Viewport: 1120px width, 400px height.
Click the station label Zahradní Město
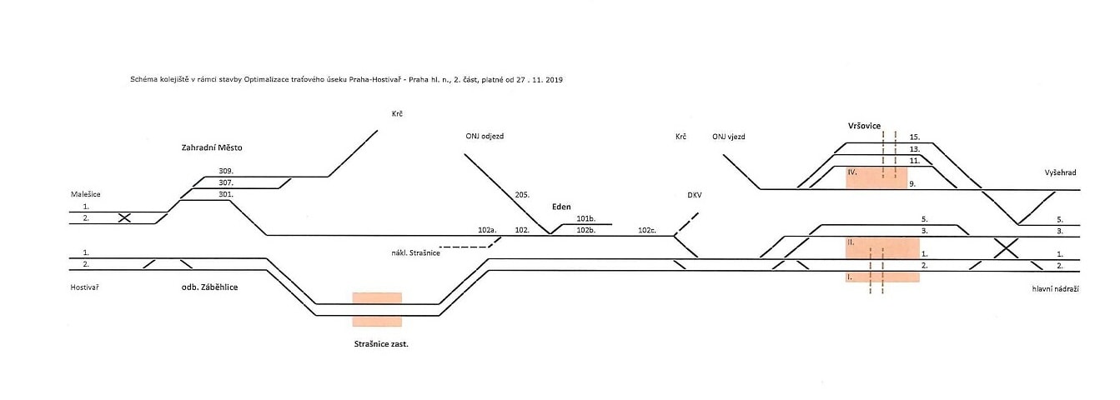[217, 147]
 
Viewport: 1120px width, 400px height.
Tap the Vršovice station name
[859, 125]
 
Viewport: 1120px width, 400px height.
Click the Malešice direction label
[87, 193]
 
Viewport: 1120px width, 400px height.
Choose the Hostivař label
[88, 287]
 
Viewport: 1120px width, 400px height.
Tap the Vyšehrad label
[1060, 172]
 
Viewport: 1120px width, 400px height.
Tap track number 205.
[523, 194]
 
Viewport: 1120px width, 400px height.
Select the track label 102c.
[647, 229]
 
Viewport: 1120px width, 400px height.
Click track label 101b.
[585, 218]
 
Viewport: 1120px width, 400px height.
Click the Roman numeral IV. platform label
[851, 171]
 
